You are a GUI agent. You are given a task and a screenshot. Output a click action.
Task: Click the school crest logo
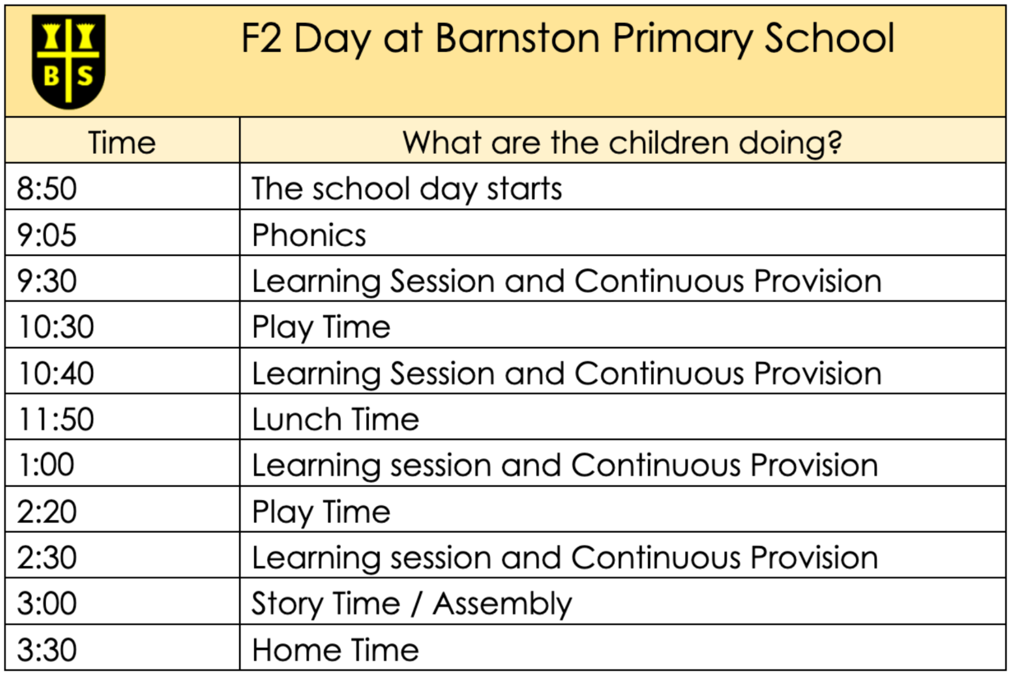(68, 61)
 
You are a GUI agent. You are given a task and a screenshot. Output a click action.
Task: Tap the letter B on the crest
(51, 76)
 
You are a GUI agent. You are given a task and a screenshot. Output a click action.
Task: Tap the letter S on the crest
(85, 76)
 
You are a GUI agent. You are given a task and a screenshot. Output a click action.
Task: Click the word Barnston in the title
(517, 38)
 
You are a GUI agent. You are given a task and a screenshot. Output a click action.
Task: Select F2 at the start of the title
(261, 38)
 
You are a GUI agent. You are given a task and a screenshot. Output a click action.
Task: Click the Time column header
(122, 143)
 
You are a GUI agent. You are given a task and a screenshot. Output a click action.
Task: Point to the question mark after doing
(835, 143)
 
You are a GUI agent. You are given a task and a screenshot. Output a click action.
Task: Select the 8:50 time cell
(47, 189)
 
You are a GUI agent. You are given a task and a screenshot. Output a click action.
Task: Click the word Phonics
(309, 235)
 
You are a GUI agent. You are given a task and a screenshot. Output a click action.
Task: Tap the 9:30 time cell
(47, 281)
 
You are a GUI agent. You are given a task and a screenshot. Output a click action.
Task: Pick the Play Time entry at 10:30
(321, 327)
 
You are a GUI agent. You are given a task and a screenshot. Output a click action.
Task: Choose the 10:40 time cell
(56, 373)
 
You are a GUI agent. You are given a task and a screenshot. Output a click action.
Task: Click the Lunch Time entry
(335, 420)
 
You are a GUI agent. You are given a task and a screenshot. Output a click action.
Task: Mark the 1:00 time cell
(46, 465)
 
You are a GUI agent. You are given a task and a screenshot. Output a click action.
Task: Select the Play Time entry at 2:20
(321, 512)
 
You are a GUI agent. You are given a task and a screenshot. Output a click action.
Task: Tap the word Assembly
(502, 604)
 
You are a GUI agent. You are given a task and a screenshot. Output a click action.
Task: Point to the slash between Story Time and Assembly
(416, 604)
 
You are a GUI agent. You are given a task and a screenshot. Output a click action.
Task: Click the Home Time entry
(335, 650)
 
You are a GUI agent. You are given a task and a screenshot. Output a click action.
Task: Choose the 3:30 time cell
(47, 650)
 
